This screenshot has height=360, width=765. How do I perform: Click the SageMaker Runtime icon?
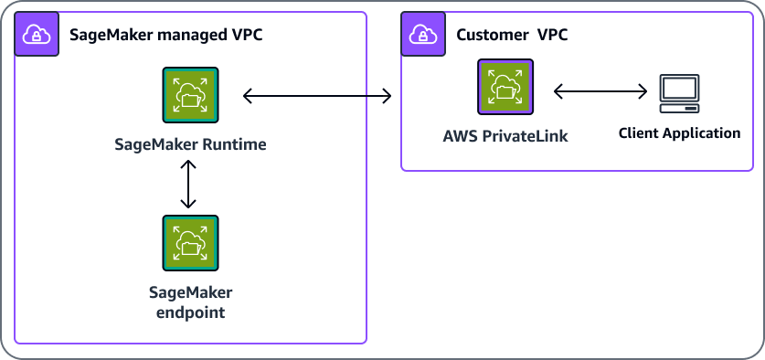190,95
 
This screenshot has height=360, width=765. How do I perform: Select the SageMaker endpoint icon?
190,244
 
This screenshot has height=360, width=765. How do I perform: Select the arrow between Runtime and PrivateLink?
316,95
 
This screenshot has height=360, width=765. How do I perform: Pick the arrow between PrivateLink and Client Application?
600,91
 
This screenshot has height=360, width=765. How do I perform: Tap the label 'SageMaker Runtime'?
190,145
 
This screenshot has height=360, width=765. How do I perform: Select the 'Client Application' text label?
679,133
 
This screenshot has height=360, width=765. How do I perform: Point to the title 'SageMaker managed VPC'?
166,36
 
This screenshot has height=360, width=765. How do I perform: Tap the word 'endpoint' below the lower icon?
190,312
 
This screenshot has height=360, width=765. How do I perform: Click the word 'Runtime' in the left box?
235,145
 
